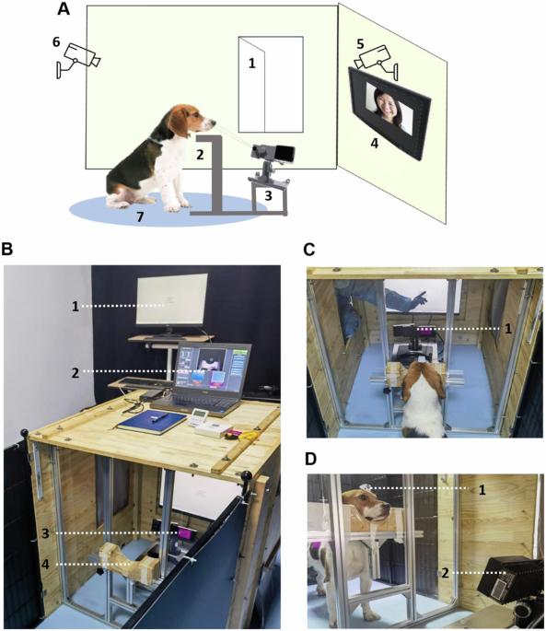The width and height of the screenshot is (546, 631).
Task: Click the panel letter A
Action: pyautogui.click(x=64, y=9)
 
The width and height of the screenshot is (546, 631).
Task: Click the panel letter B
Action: pyautogui.click(x=6, y=250)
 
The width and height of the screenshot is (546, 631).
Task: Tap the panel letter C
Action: pyautogui.click(x=309, y=250)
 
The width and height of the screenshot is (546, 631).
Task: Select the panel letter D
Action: pyautogui.click(x=310, y=459)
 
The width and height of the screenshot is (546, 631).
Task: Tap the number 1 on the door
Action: pyautogui.click(x=252, y=64)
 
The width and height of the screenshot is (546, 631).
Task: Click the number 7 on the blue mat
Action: pyautogui.click(x=140, y=216)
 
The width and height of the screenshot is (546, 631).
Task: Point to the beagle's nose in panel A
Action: pyautogui.click(x=213, y=121)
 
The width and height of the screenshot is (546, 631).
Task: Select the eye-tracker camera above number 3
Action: pyautogui.click(x=273, y=152)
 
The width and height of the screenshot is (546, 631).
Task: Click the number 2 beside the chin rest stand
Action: pyautogui.click(x=200, y=155)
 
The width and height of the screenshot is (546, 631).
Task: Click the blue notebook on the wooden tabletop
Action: pyautogui.click(x=152, y=421)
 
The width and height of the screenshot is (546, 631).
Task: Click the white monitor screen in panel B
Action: pyautogui.click(x=172, y=298)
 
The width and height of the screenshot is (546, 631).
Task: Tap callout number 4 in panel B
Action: pyautogui.click(x=45, y=565)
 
